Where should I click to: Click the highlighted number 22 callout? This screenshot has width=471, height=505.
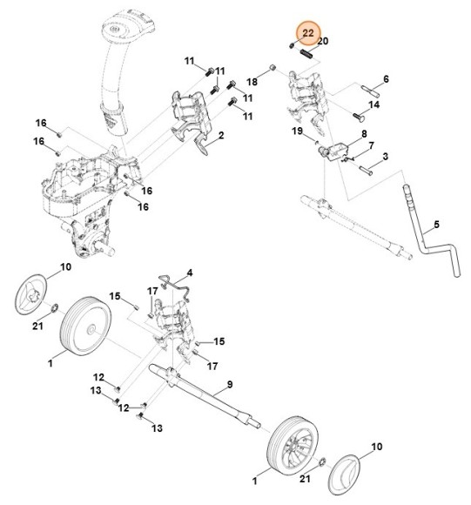(x=306, y=33)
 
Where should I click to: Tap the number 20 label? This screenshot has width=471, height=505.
(x=323, y=41)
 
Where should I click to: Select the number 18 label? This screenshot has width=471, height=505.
(x=253, y=81)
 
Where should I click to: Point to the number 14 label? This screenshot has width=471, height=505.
(x=373, y=104)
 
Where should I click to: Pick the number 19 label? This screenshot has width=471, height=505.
(x=297, y=131)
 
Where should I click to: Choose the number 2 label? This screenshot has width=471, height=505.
(x=221, y=136)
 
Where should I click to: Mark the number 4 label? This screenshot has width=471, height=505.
(x=191, y=273)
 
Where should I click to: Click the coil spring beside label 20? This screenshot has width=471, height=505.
(x=306, y=55)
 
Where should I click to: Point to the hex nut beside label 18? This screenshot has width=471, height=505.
(x=272, y=67)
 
